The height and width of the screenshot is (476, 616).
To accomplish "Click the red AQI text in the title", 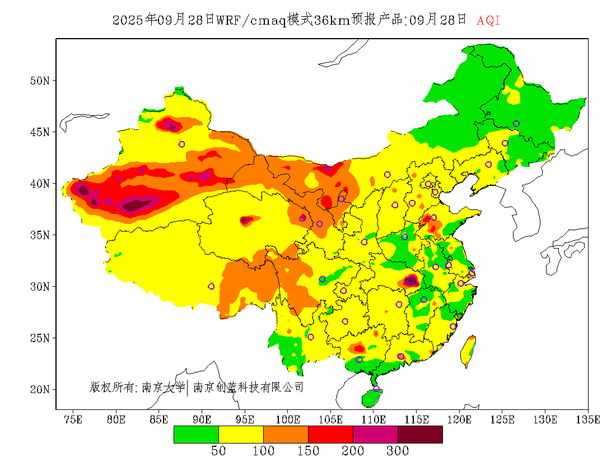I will pyautogui.click(x=488, y=21).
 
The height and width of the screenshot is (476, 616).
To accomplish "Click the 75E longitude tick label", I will pyautogui.click(x=73, y=419).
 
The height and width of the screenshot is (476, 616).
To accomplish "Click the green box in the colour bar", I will pyautogui.click(x=196, y=435).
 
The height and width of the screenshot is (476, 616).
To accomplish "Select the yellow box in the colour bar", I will pyautogui.click(x=241, y=435).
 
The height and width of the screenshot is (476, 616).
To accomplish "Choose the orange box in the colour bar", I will pyautogui.click(x=286, y=435).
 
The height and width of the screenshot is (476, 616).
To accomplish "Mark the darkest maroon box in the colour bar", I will pyautogui.click(x=420, y=435).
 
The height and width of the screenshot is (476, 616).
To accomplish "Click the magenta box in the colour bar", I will pyautogui.click(x=375, y=435).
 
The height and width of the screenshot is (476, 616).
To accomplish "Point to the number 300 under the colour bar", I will pyautogui.click(x=398, y=451).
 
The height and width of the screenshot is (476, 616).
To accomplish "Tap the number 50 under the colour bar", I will pyautogui.click(x=218, y=451).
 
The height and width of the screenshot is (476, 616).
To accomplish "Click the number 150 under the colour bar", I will pyautogui.click(x=308, y=451).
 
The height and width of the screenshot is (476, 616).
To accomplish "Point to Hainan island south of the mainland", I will pyautogui.click(x=371, y=397).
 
